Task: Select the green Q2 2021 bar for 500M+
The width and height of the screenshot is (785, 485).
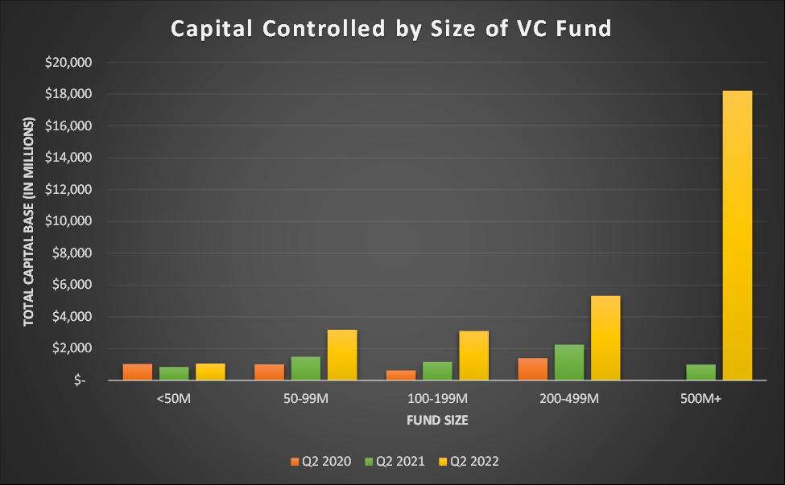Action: coord(700,372)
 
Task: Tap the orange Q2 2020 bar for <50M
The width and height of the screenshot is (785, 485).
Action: coord(138,372)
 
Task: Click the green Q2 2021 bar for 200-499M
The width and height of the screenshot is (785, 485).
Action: coord(569,362)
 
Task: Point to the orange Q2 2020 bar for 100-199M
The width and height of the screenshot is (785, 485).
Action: coord(401,375)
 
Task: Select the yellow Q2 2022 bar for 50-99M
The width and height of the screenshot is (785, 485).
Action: coord(342,355)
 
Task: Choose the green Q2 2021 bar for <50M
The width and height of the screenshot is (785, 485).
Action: coord(174,373)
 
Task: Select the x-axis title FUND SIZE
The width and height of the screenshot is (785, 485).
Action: coord(436,420)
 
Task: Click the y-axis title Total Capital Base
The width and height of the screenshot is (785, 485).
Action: coord(29,221)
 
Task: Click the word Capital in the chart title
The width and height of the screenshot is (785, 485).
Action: coord(212,29)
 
